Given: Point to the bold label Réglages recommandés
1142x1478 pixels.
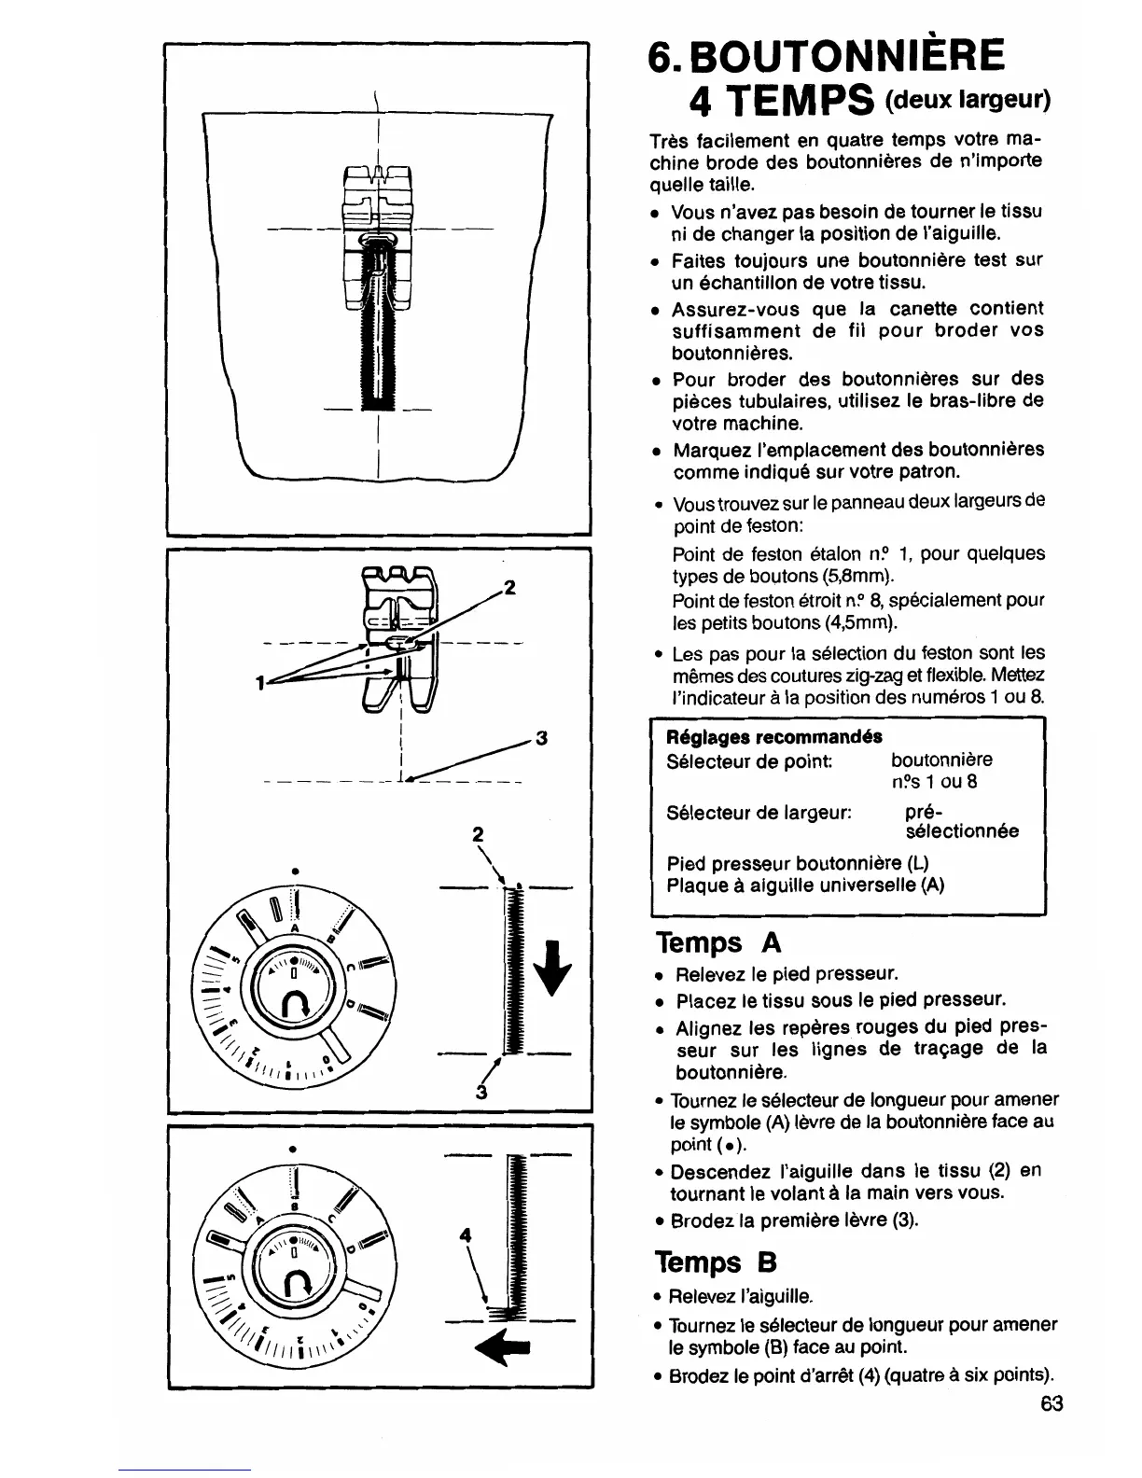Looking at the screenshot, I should (773, 736).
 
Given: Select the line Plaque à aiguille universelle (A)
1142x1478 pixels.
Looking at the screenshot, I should (805, 885).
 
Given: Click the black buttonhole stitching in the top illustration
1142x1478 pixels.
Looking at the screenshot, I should (379, 336).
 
